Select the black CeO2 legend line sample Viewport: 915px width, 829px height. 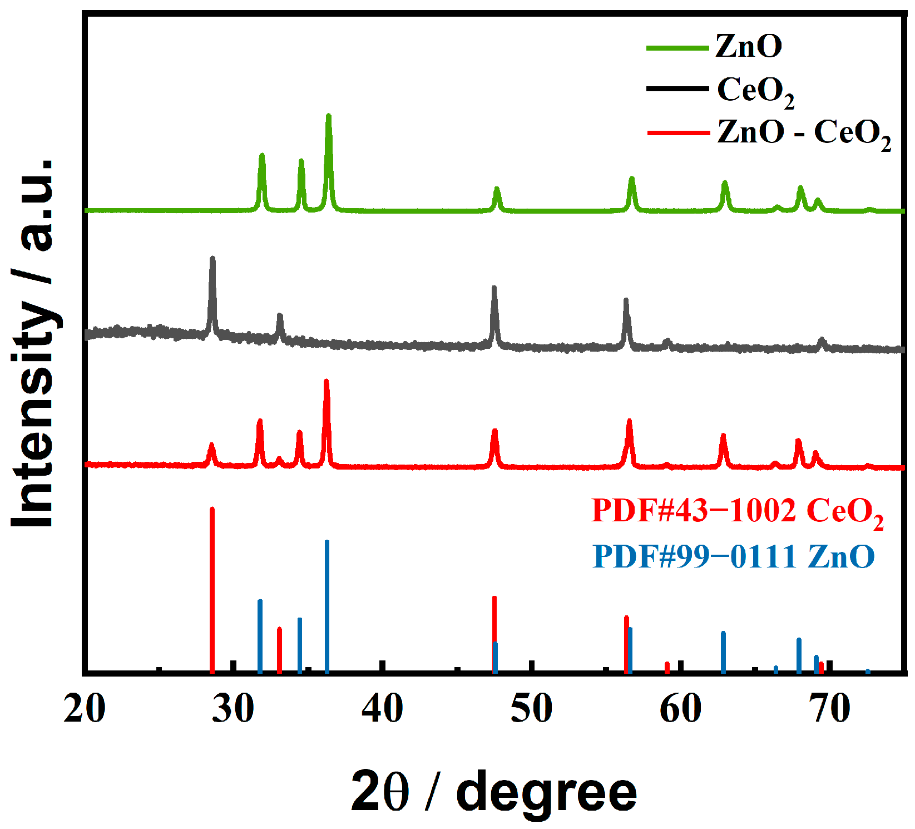pos(677,89)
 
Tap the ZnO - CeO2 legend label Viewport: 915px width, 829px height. pos(804,134)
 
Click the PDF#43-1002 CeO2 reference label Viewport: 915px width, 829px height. pos(737,511)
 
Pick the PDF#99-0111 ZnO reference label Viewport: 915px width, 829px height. pos(733,556)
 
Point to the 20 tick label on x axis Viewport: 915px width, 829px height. pos(85,709)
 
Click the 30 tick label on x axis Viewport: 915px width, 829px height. pos(234,709)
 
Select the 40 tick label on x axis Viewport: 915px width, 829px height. pos(382,709)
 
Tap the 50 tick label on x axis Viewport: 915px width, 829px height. pos(531,709)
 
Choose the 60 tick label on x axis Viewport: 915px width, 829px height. pos(680,709)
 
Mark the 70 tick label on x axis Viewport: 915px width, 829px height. pos(830,709)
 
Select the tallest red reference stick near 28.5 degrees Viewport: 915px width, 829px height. pos(212,590)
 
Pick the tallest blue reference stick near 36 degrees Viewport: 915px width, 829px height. pos(327,606)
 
